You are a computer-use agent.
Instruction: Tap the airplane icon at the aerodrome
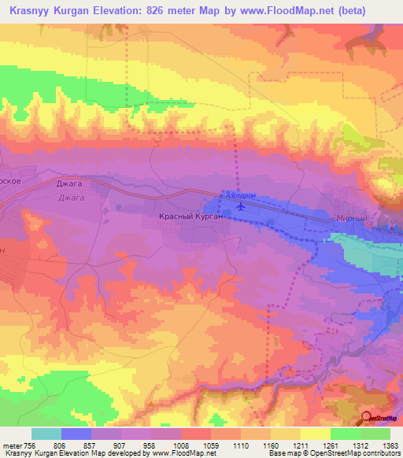(x=241, y=207)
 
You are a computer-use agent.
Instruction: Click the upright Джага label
(x=68, y=183)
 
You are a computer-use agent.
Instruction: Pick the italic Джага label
(x=71, y=198)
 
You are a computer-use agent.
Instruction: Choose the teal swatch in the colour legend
(x=46, y=434)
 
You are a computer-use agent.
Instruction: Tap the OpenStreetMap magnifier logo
(x=368, y=418)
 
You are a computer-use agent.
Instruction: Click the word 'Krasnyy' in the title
(x=35, y=11)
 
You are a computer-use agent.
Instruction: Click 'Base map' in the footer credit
(x=283, y=453)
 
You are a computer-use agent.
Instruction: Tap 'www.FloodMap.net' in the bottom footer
(x=183, y=453)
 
